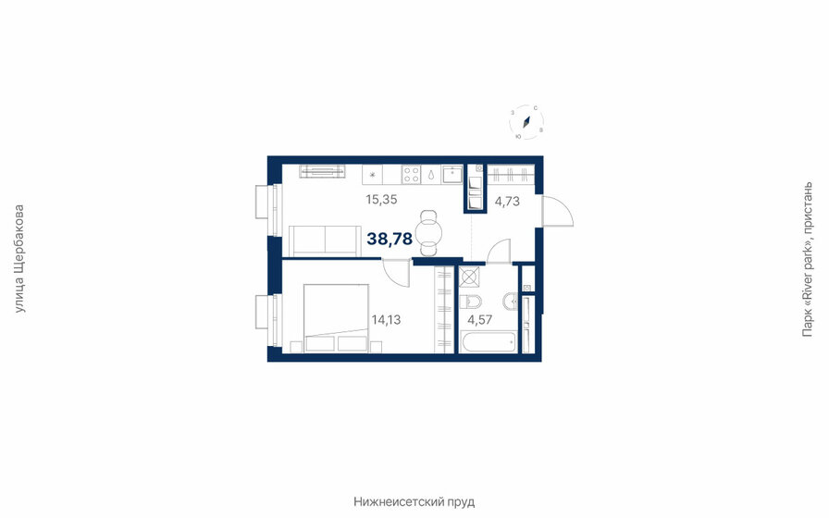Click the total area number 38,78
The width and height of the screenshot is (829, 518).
tap(390, 239)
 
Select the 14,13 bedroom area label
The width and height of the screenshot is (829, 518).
tap(386, 320)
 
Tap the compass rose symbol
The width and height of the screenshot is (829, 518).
tap(527, 122)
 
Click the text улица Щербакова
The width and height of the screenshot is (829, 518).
tap(20, 258)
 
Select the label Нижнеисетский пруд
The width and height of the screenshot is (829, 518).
tap(414, 501)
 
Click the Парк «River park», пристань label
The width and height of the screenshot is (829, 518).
tap(810, 258)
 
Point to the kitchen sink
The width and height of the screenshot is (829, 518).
tap(451, 174)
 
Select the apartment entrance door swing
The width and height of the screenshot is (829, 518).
tap(557, 213)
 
